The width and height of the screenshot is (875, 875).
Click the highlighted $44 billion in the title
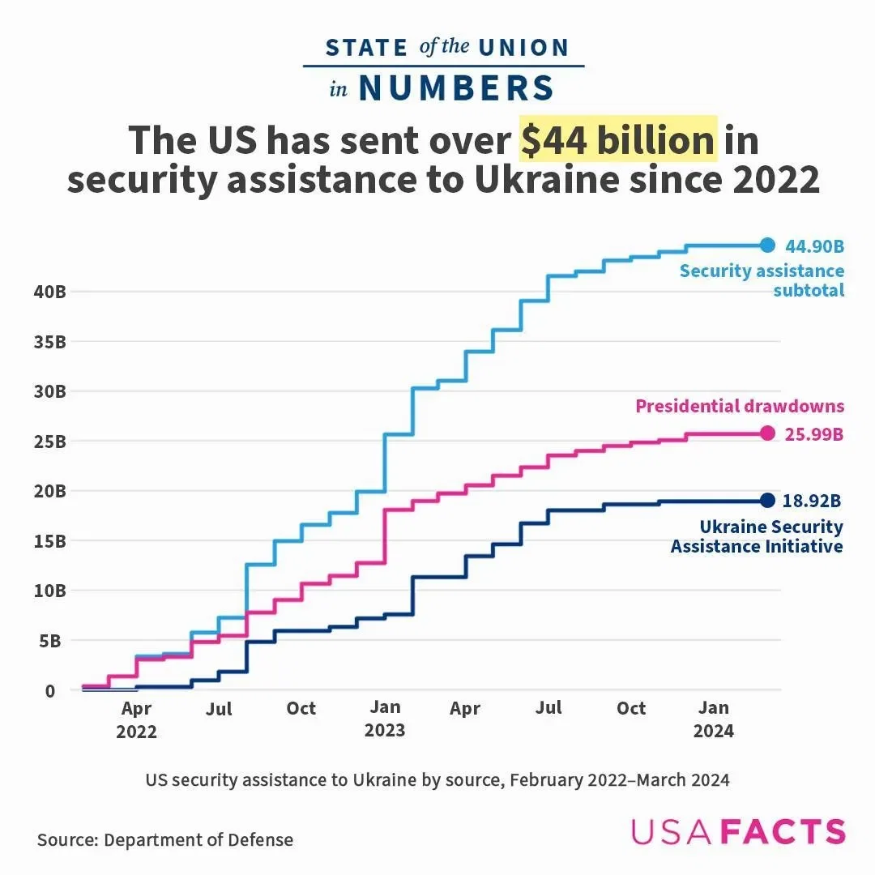click(617, 140)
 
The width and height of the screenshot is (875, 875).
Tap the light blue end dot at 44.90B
click(768, 245)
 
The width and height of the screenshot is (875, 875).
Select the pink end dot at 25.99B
click(768, 433)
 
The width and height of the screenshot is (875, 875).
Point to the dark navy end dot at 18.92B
click(768, 500)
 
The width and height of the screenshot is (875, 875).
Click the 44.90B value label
click(814, 246)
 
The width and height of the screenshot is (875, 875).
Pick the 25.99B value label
click(814, 434)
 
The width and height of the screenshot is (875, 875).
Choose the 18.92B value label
click(813, 501)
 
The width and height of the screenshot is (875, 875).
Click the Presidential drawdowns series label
click(740, 406)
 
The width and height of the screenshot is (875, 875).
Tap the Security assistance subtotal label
click(762, 280)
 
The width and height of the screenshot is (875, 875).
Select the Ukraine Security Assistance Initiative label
click(757, 536)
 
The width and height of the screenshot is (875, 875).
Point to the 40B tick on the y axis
click(49, 292)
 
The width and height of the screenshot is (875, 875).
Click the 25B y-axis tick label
click(49, 442)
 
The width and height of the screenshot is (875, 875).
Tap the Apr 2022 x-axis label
click(136, 720)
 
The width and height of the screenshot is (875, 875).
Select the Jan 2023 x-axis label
click(385, 719)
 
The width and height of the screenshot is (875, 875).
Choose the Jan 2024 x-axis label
click(714, 719)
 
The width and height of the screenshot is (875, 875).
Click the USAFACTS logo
click(738, 832)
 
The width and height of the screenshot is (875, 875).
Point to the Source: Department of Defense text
click(165, 839)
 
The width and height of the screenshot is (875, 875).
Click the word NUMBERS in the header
click(456, 88)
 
